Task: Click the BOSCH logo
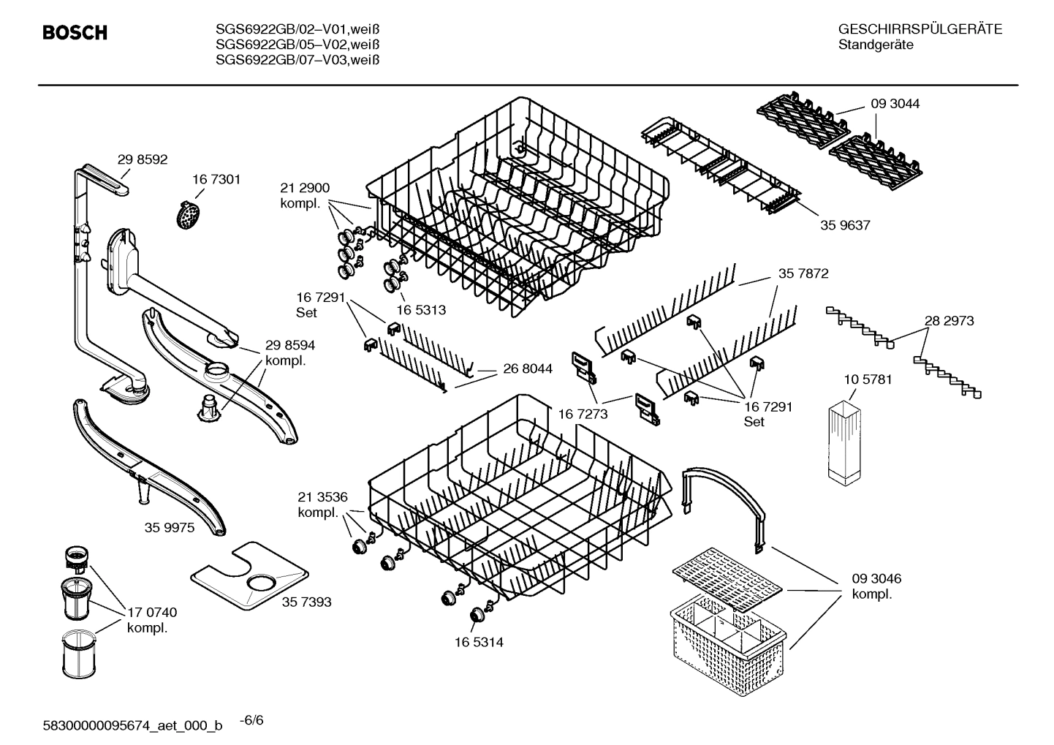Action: [x=75, y=33]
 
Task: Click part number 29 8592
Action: [x=143, y=159]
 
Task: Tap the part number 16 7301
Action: [x=216, y=179]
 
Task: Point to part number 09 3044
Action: [x=895, y=104]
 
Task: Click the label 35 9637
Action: [x=845, y=225]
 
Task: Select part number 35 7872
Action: [x=803, y=273]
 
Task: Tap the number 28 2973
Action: [x=949, y=320]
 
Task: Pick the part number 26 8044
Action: [x=528, y=369]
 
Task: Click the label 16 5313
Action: [x=421, y=310]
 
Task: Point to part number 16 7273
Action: [x=583, y=415]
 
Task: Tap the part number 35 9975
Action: [x=169, y=527]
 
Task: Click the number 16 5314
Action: [x=478, y=642]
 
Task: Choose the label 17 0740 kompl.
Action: [x=152, y=620]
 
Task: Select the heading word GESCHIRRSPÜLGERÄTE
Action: [x=920, y=29]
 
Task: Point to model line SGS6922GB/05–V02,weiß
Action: [x=297, y=45]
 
